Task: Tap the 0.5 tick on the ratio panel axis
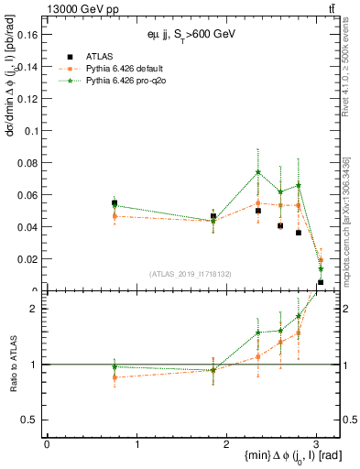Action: pyautogui.click(x=31, y=420)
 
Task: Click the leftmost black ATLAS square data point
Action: pyautogui.click(x=115, y=202)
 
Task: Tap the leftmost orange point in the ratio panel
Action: pyautogui.click(x=115, y=376)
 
